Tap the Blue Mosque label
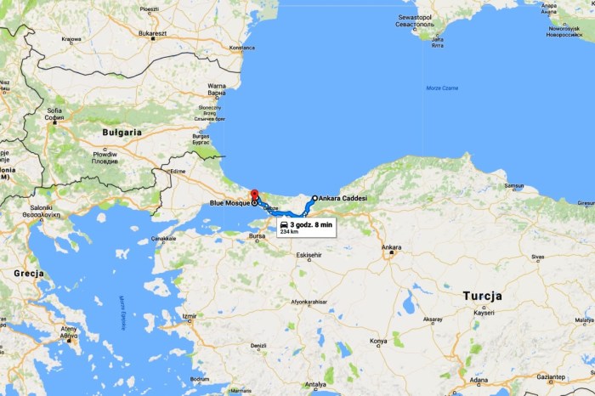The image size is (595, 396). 229,204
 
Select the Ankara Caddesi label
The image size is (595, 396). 343,198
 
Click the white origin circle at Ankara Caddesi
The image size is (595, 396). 314,198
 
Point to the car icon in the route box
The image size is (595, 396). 284,224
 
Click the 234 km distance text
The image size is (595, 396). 289,231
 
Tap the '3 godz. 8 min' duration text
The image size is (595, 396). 310,224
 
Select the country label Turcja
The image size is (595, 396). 482,296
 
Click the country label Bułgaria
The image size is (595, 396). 122,133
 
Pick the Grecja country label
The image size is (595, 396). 28,274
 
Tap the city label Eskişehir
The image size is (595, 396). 308,255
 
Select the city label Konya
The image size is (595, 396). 378,342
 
